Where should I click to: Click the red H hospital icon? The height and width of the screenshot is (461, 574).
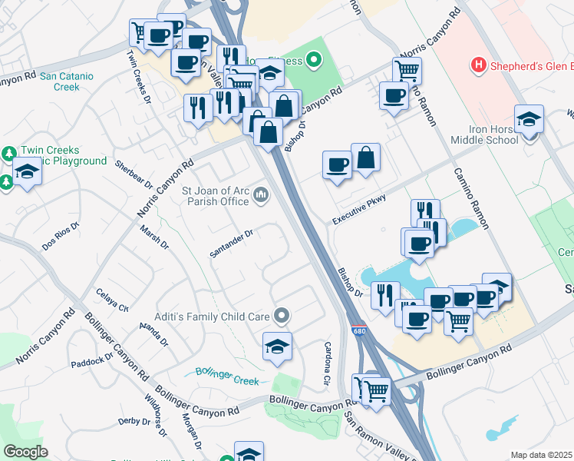[x=480, y=65]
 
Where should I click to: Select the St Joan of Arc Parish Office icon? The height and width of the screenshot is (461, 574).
[x=261, y=197]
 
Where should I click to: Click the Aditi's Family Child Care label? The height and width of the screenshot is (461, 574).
[x=223, y=313]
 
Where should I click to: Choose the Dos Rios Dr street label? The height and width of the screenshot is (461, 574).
[x=61, y=235]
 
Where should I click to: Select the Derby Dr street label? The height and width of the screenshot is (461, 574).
[x=134, y=421]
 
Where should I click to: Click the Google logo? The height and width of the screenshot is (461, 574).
[x=25, y=452]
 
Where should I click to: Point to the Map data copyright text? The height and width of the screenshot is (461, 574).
[x=542, y=455]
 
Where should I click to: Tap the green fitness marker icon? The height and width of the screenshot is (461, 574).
[x=313, y=59]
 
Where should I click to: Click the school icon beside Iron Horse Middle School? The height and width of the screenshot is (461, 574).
[x=529, y=121]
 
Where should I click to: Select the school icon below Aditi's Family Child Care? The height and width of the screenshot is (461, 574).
[x=277, y=347]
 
